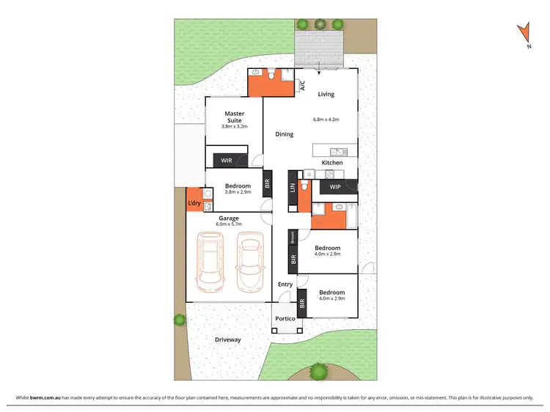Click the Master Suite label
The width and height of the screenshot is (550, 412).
click(x=235, y=117)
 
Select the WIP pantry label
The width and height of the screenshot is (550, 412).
click(x=336, y=187)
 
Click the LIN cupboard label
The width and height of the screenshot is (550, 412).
click(x=292, y=188)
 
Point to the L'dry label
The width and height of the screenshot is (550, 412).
click(x=194, y=203)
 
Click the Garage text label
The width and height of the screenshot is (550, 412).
click(x=227, y=218)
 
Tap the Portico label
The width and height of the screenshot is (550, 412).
click(x=285, y=320)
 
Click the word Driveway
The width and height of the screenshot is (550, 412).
click(x=227, y=340)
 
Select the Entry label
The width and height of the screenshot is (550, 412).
click(x=285, y=284)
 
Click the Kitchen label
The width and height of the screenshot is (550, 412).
click(x=332, y=163)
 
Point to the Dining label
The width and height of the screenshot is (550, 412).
click(x=285, y=134)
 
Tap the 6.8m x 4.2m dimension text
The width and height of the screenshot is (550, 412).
click(x=326, y=119)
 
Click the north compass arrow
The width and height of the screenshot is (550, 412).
click(x=523, y=34)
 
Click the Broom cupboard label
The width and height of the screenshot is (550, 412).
click(x=292, y=237)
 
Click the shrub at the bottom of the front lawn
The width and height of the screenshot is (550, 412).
click(x=318, y=371)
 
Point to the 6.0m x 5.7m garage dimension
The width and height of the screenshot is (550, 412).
click(x=228, y=225)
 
